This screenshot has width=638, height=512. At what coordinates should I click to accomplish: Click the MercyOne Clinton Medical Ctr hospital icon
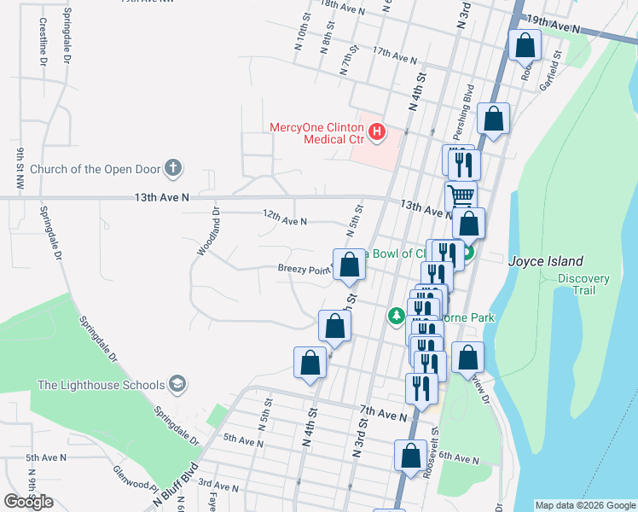click(377, 133)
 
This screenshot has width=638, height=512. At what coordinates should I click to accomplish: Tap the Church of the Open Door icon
click(173, 167)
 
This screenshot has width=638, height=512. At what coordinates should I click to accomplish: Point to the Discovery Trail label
click(583, 285)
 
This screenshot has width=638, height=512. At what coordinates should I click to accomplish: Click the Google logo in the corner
click(28, 501)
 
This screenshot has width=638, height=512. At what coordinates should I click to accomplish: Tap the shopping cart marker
click(461, 195)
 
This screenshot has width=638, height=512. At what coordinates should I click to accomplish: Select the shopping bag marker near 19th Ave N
click(525, 44)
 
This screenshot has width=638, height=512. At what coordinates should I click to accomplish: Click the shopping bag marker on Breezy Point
click(349, 264)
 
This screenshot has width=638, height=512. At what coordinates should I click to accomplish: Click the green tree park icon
click(396, 317)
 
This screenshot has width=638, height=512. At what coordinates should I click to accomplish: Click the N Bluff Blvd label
click(175, 484)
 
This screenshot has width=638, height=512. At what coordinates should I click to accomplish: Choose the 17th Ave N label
click(394, 56)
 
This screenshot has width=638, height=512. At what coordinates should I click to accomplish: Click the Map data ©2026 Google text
click(584, 505)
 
